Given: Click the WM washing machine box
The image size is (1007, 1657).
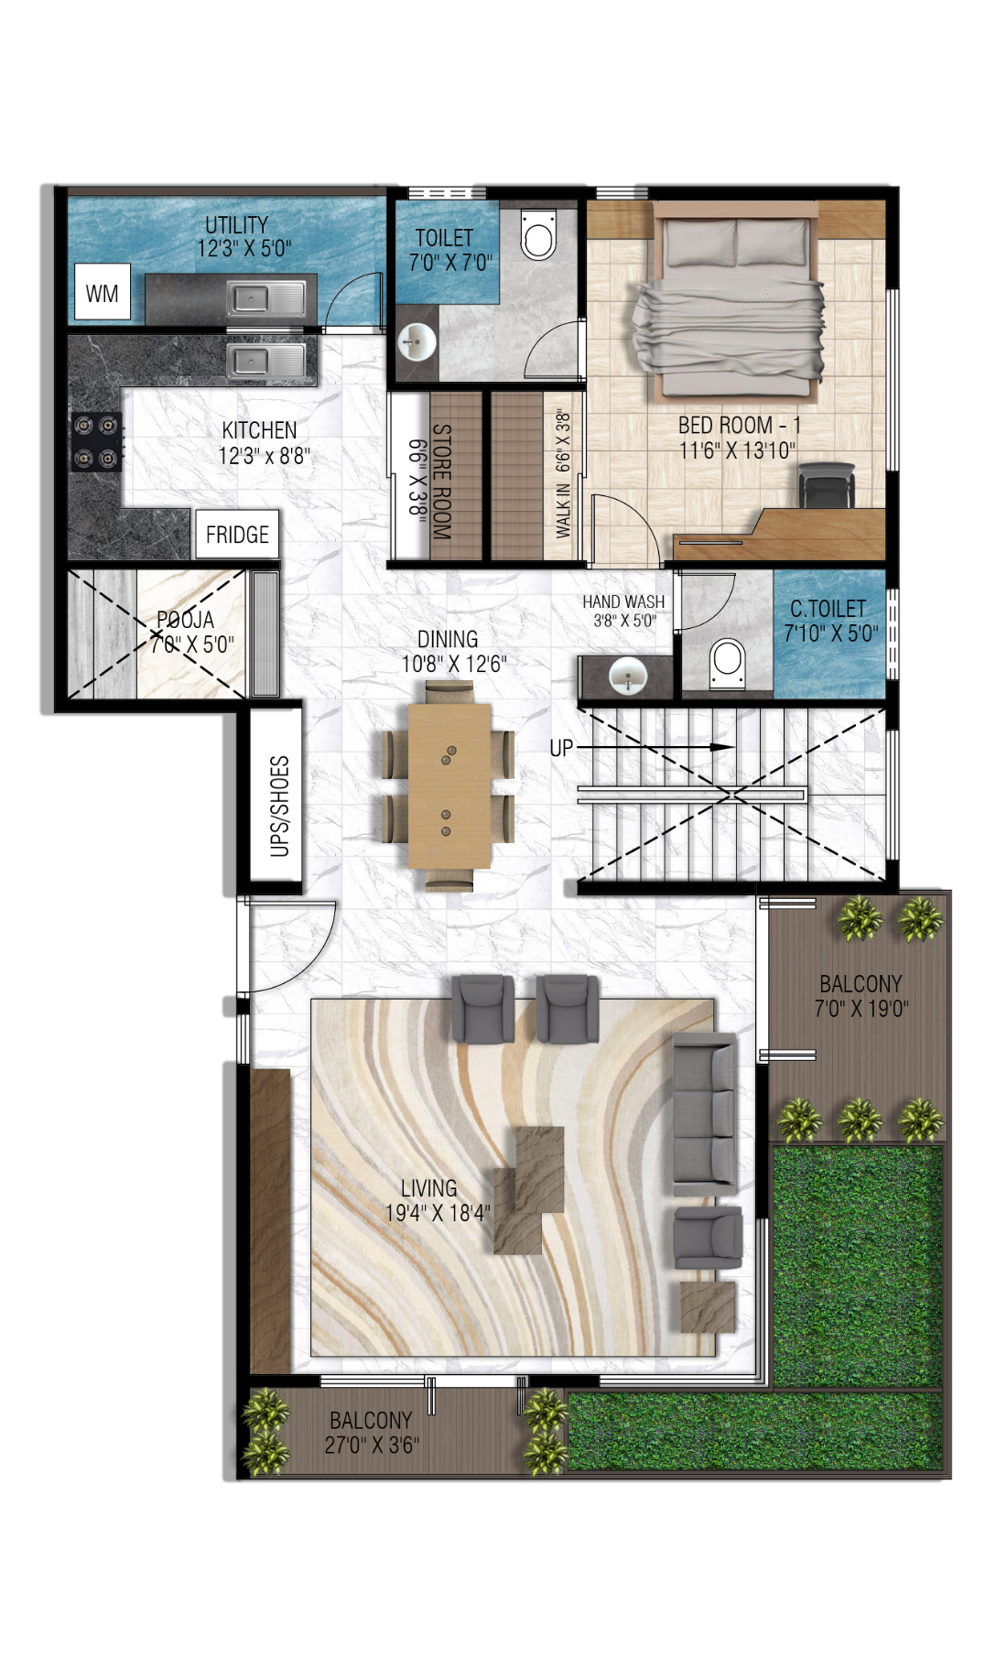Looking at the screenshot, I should click(102, 293).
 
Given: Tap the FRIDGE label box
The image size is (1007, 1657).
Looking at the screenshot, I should click(237, 535).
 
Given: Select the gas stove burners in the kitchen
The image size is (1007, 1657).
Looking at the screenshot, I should click(97, 441).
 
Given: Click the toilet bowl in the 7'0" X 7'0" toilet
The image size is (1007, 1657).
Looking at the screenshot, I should click(538, 236).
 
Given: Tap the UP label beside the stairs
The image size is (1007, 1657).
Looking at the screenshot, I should click(561, 748).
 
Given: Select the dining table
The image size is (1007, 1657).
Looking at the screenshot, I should click(449, 785).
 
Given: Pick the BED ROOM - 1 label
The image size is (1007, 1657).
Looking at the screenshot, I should click(739, 426).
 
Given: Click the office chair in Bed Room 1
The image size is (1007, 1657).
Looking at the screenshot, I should click(827, 484).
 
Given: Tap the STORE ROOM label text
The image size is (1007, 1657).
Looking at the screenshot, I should click(442, 481).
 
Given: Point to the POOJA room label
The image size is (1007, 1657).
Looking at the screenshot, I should click(186, 620).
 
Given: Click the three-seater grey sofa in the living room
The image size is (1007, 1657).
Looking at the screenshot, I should click(705, 1113).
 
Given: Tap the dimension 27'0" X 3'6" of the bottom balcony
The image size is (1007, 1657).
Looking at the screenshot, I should click(371, 1445).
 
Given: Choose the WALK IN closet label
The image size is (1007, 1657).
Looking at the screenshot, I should click(563, 509).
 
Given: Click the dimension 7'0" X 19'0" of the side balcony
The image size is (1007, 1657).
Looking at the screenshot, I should click(861, 1009).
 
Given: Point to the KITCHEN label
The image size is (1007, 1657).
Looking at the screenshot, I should click(259, 430).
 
